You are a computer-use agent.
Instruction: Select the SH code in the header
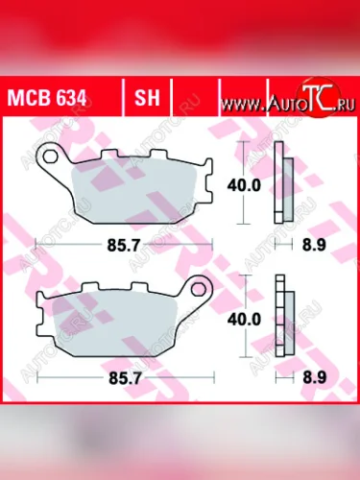tap(147, 98)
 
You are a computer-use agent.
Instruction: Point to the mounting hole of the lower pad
tap(198, 287)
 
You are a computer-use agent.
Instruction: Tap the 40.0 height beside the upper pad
tap(250, 186)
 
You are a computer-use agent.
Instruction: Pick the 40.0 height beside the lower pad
tap(250, 318)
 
